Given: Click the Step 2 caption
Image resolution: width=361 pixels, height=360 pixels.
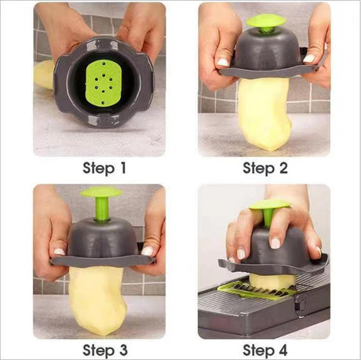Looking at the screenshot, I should (264, 167).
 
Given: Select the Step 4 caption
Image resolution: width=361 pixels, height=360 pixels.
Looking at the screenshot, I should (264, 348).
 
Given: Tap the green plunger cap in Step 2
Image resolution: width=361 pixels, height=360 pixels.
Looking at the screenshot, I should (266, 20).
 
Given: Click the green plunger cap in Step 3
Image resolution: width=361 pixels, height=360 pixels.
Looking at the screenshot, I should (101, 192).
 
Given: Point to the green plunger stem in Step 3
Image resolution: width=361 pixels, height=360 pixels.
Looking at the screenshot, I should (101, 209).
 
